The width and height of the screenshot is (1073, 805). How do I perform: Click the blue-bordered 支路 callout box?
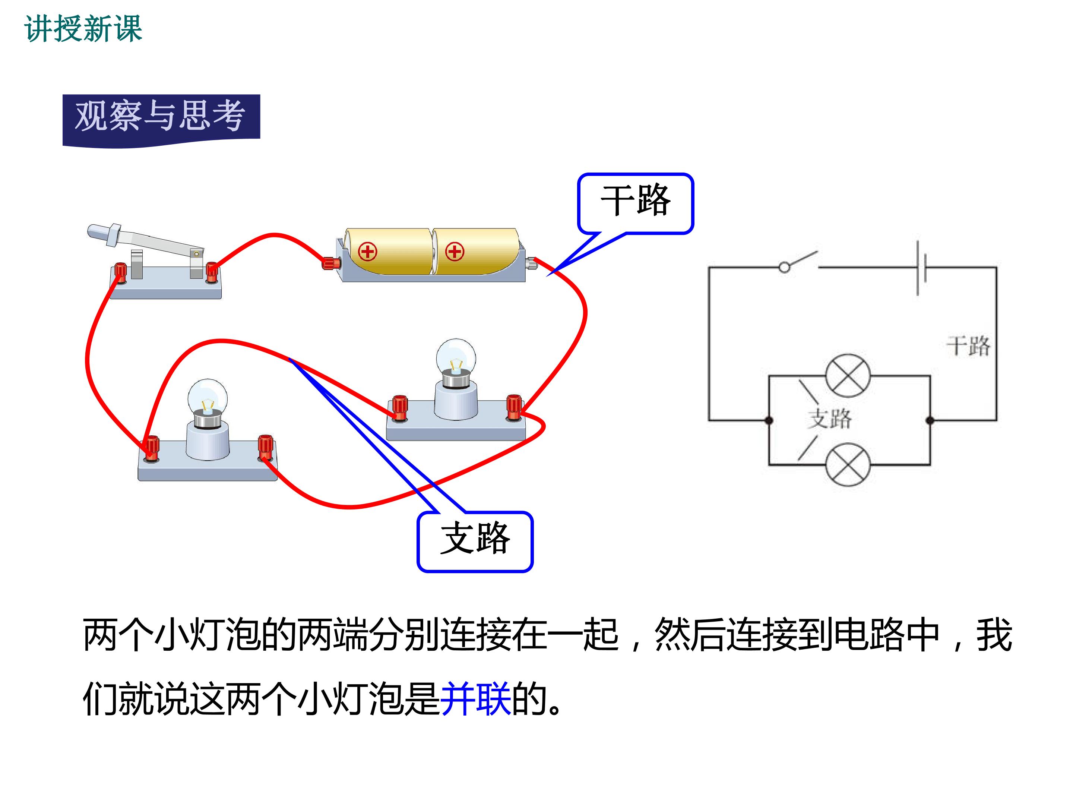tap(475, 542)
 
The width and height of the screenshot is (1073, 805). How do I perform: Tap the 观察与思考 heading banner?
tap(161, 119)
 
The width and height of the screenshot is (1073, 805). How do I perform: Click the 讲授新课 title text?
tap(83, 29)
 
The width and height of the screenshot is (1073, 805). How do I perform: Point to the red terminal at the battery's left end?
tap(331, 263)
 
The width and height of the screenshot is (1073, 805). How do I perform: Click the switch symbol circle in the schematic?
tap(784, 267)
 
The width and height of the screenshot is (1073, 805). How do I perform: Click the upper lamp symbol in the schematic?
tap(848, 376)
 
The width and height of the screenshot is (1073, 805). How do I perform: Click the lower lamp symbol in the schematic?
tap(848, 465)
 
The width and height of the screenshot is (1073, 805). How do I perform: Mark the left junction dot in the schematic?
tap(769, 420)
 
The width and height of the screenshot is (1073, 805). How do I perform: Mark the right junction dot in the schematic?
tap(930, 420)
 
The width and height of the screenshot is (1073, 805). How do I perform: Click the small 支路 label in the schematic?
tap(829, 418)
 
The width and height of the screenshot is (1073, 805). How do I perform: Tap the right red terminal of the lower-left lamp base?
tap(265, 447)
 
